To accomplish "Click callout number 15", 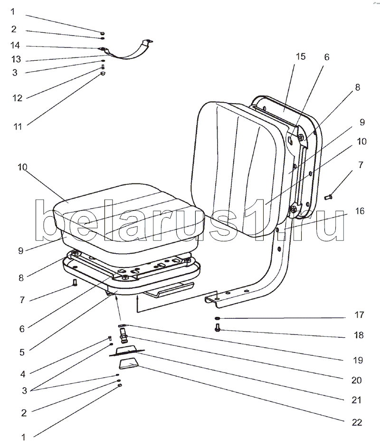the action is pos(301,57).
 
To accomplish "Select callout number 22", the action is pos(357,422).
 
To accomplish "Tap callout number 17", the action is pos(359,315).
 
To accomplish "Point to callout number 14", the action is pos(15,45).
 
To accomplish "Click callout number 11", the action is pos(18,126).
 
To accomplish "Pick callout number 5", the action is pos(22,353).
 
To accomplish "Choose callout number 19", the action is pos(358,360).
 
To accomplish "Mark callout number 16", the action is pos(360,211).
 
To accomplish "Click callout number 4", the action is pos(23,374).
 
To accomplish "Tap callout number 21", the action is pos(357,400).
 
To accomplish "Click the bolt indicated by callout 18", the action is pos(218,327).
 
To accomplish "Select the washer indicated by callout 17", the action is pos(217,318).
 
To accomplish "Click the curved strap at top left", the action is pos(126,51).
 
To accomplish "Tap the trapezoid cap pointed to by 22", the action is pos(129,364).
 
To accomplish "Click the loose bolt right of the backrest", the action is pos(328,197).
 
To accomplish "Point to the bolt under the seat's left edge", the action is pos(75,283).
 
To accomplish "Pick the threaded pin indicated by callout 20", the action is pos(124,336).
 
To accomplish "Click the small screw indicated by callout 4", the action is pos(110,339).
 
